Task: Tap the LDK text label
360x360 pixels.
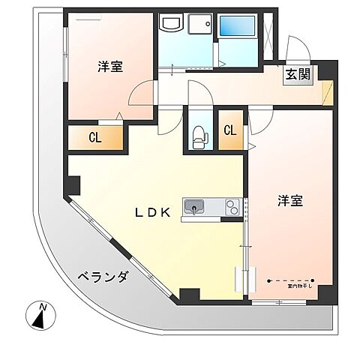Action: pyautogui.click(x=155, y=212)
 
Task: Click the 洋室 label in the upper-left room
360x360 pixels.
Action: pyautogui.click(x=109, y=67)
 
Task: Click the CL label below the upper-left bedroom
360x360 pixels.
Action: pyautogui.click(x=95, y=137)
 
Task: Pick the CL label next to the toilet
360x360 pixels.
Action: pyautogui.click(x=230, y=130)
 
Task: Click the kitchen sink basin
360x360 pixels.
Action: pyautogui.click(x=194, y=207)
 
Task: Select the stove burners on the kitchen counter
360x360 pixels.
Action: pyautogui.click(x=231, y=208)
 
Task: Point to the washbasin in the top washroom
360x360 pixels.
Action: pyautogui.click(x=170, y=25)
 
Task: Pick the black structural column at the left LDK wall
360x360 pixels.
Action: pyautogui.click(x=73, y=184)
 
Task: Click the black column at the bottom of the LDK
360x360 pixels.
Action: pyautogui.click(x=189, y=295)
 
